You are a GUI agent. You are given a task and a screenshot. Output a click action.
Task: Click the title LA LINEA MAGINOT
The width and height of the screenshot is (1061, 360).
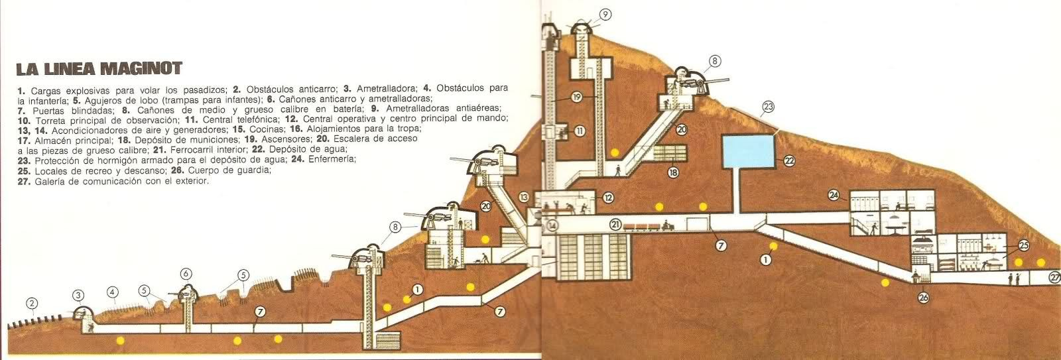[x=99, y=69]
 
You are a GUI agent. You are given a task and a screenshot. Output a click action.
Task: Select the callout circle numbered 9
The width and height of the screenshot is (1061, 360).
[x=605, y=14]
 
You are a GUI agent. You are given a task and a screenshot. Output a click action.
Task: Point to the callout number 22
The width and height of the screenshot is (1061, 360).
[x=790, y=160]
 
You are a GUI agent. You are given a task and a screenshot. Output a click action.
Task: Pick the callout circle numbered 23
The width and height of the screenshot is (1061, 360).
[x=769, y=106]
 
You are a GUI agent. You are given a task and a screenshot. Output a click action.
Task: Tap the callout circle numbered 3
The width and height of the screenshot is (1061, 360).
[x=80, y=296]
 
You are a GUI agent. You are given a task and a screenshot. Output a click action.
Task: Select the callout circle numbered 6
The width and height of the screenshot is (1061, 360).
[x=186, y=273]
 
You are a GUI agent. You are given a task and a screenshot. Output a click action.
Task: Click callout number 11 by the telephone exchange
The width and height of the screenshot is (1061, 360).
[x=580, y=131]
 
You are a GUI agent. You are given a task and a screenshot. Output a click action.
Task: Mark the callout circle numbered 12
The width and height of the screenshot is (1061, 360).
[x=608, y=197]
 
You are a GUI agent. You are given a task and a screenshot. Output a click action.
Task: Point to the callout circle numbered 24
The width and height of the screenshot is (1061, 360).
[x=835, y=195]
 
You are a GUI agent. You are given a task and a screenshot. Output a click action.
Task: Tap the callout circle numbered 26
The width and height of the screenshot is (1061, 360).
[x=924, y=298]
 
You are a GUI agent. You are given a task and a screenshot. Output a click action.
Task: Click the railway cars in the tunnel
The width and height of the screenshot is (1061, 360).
[x=654, y=227]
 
